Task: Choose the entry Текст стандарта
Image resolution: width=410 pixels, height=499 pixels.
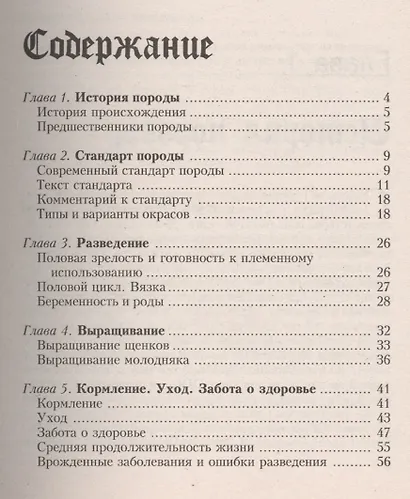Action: pos(85,186)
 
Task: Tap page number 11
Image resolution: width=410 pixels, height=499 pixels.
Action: pos(382,186)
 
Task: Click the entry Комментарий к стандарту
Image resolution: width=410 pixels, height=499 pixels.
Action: pos(112,201)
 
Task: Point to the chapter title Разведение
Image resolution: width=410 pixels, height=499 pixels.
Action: pos(125,243)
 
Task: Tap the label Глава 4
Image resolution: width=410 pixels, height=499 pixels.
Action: pos(46,330)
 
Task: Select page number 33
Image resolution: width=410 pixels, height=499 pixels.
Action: pos(381,345)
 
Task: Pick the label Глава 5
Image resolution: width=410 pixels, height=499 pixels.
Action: pos(46,387)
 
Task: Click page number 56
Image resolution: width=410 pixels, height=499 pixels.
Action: pos(381,463)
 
